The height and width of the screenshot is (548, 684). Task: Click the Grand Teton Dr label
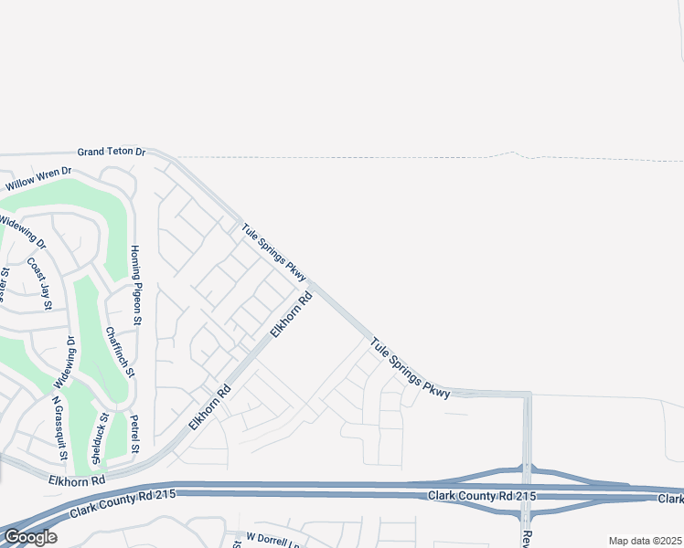[x=112, y=152]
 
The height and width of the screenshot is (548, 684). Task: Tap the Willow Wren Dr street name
[x=37, y=178]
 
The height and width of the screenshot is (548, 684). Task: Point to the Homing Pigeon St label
[x=135, y=286]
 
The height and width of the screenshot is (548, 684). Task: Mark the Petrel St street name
[x=134, y=435]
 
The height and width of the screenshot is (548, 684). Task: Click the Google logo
[x=29, y=537]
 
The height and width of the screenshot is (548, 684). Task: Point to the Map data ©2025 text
[x=646, y=541]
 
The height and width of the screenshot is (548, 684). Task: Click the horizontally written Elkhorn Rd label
[x=79, y=479]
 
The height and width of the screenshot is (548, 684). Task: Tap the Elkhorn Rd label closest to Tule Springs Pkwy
[x=292, y=314]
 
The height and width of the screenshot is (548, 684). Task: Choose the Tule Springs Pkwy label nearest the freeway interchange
[x=411, y=367]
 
